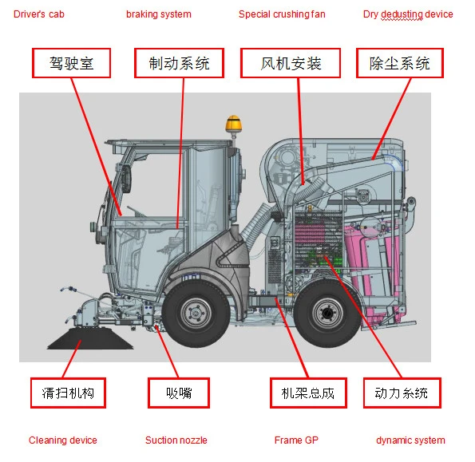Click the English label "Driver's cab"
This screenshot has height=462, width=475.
pyautogui.click(x=39, y=14)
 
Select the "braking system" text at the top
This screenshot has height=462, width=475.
pyautogui.click(x=159, y=14)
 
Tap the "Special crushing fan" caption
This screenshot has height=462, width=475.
pyautogui.click(x=282, y=14)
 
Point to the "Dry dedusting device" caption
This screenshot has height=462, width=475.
pyautogui.click(x=408, y=14)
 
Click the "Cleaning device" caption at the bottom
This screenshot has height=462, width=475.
pyautogui.click(x=63, y=440)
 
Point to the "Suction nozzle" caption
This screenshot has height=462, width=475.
pyautogui.click(x=176, y=440)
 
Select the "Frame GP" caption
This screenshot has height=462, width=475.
pyautogui.click(x=296, y=440)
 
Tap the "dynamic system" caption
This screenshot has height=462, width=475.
pyautogui.click(x=410, y=440)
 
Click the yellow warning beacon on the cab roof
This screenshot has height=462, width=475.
pyautogui.click(x=234, y=124)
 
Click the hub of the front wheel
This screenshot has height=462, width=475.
pyautogui.click(x=196, y=313)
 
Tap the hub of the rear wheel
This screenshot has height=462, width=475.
pyautogui.click(x=327, y=313)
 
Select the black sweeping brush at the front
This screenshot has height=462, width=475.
pyautogui.click(x=90, y=338)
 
